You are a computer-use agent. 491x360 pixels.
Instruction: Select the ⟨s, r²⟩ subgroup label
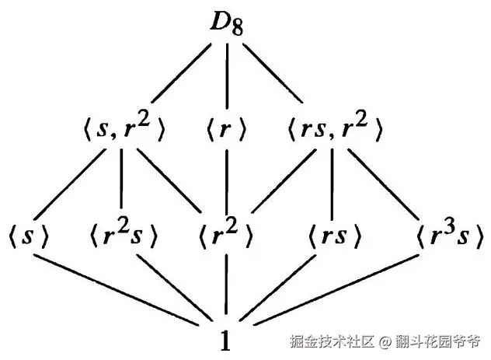pyautogui.click(x=124, y=129)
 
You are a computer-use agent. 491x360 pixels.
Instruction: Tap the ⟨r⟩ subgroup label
pyautogui.click(x=227, y=129)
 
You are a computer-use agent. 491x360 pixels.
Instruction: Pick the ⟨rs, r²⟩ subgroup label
pyautogui.click(x=334, y=129)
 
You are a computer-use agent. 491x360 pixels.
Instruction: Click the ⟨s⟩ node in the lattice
pyautogui.click(x=28, y=236)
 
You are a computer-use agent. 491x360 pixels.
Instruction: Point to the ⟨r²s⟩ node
pyautogui.click(x=123, y=236)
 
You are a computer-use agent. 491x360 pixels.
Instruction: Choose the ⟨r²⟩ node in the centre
pyautogui.click(x=225, y=236)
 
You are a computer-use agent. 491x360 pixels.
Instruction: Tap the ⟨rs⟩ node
pyautogui.click(x=335, y=236)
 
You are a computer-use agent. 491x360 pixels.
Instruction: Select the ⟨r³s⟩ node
pyautogui.click(x=449, y=236)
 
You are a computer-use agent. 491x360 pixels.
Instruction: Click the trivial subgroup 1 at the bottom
pyautogui.click(x=225, y=341)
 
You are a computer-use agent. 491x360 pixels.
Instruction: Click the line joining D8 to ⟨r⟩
pyautogui.click(x=227, y=76)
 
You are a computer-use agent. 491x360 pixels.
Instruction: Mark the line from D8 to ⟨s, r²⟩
pyautogui.click(x=181, y=73)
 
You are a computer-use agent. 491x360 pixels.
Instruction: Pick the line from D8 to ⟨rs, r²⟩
pyautogui.click(x=273, y=73)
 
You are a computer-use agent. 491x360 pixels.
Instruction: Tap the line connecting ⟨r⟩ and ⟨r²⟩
pyautogui.click(x=227, y=180)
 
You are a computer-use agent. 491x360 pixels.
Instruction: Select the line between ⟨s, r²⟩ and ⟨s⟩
pyautogui.click(x=70, y=184)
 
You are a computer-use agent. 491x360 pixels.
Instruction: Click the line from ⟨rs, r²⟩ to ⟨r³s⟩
pyautogui.click(x=383, y=184)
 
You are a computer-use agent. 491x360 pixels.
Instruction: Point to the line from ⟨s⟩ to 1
pyautogui.click(x=117, y=290)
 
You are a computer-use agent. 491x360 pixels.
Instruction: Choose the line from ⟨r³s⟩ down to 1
pyautogui.click(x=336, y=290)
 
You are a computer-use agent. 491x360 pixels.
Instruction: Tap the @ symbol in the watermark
pyautogui.click(x=385, y=342)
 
